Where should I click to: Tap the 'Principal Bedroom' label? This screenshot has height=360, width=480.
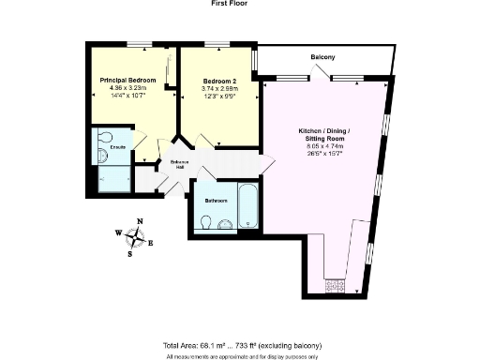[128, 80]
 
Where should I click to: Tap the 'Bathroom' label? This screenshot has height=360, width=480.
[217, 200]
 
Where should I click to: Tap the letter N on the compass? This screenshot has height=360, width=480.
[141, 223]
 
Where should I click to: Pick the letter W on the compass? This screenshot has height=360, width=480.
[119, 233]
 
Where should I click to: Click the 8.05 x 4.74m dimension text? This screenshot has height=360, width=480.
[324, 146]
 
